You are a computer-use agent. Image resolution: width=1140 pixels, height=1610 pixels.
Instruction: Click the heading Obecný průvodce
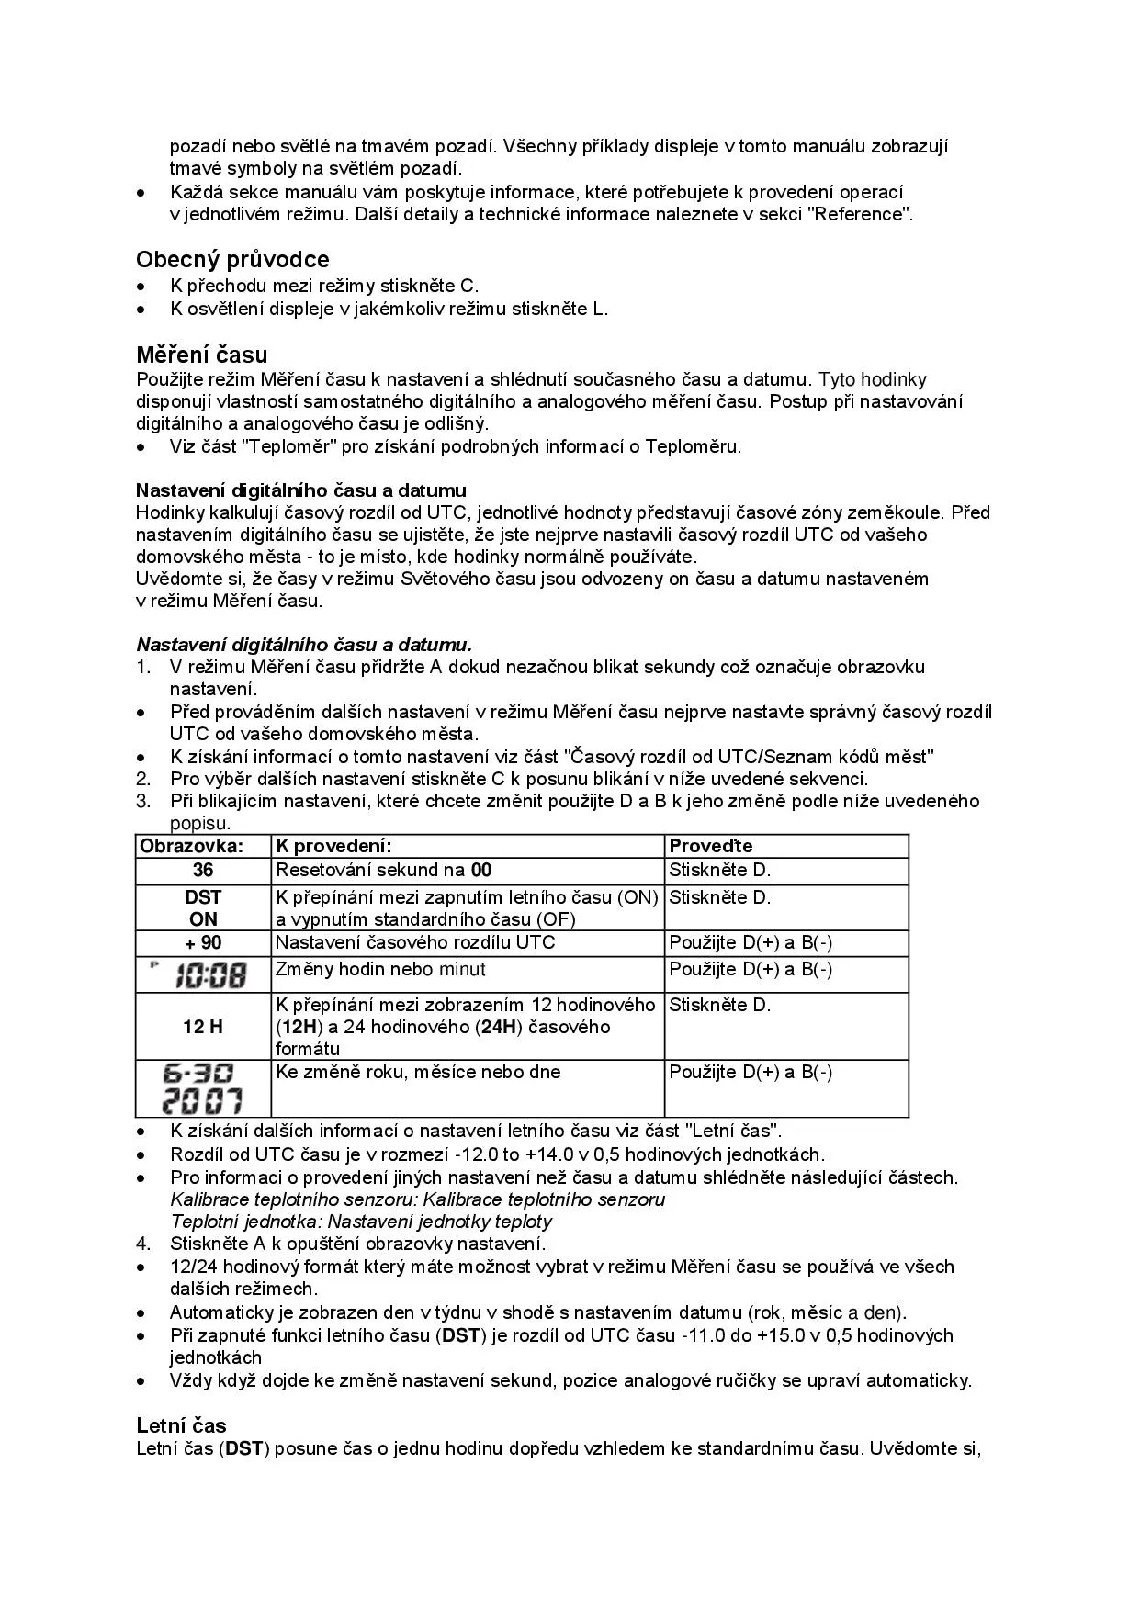pos(232,260)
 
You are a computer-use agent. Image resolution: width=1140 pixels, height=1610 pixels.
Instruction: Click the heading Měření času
pos(202,355)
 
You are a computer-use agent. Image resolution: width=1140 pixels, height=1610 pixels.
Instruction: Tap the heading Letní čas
pos(181,1425)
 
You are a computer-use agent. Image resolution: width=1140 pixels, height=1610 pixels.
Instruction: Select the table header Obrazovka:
pos(191,846)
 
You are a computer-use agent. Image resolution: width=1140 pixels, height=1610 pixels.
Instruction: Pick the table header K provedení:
pos(334,846)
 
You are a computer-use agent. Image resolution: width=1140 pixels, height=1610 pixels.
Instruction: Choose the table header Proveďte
pos(710,846)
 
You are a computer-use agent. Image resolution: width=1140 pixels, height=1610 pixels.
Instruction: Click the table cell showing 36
pos(203,871)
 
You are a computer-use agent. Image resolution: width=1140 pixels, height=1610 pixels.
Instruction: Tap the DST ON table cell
pos(203,907)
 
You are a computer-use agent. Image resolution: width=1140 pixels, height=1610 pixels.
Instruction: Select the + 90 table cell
pos(203,943)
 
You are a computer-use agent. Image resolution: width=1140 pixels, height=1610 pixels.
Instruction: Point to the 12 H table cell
pos(203,1027)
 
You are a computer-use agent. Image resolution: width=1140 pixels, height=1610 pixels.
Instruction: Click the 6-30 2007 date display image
pos(203,1088)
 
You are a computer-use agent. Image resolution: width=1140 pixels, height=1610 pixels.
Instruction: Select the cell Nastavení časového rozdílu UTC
pos(415,943)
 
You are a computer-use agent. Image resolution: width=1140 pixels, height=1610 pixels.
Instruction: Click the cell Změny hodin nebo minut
pos(380,970)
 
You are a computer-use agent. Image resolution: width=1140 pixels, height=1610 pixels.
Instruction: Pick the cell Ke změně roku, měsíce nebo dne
pos(418,1073)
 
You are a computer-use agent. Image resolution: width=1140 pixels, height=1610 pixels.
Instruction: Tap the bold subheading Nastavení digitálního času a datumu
pos(301,490)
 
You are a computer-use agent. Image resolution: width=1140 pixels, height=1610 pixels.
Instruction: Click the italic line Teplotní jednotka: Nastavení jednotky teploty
pos(361,1222)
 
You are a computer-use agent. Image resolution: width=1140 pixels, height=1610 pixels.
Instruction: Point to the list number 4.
pos(143,1244)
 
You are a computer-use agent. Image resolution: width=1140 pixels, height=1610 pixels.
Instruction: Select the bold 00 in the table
pos(481,871)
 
